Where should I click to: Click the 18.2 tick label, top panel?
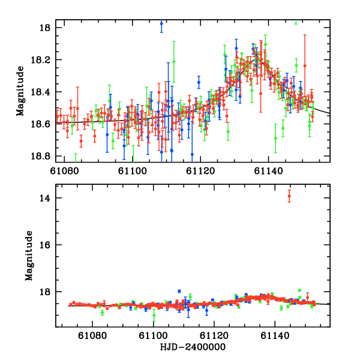click(x=44, y=60)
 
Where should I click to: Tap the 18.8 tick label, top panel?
click(x=44, y=155)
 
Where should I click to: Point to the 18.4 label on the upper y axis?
click(x=44, y=92)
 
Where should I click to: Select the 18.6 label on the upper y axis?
click(x=44, y=124)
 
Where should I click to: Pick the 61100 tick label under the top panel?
click(x=131, y=171)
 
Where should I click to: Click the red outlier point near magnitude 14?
click(x=289, y=196)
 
